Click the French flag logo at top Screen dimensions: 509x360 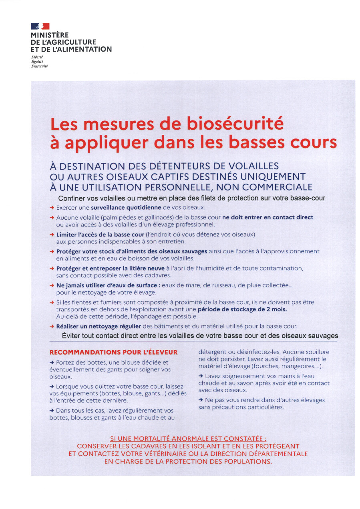point(40,26)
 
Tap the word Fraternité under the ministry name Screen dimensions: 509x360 point(40,66)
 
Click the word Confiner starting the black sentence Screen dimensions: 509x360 point(72,198)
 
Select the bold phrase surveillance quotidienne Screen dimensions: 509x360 point(126,207)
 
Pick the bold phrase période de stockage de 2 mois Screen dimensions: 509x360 point(242,309)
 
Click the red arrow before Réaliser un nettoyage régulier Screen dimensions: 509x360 point(52,326)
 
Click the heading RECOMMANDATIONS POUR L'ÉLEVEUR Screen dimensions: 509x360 point(113,353)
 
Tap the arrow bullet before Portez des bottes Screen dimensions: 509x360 point(52,362)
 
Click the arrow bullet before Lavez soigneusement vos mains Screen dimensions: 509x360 point(201,376)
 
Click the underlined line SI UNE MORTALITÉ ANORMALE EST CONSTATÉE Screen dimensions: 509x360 point(188,439)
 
